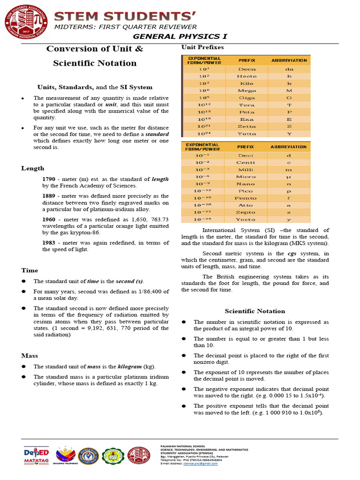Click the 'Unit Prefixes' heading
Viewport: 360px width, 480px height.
click(202, 47)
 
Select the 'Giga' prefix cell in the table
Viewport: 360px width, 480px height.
click(247, 97)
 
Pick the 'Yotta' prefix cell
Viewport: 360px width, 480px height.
click(247, 133)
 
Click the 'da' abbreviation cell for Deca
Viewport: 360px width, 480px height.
click(289, 69)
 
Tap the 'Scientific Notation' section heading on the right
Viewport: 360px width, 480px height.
click(255, 311)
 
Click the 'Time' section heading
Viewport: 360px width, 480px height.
click(30, 270)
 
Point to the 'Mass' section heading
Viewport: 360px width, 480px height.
click(30, 356)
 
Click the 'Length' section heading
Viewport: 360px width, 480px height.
click(33, 168)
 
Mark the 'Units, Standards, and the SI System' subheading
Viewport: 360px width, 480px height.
click(95, 87)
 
